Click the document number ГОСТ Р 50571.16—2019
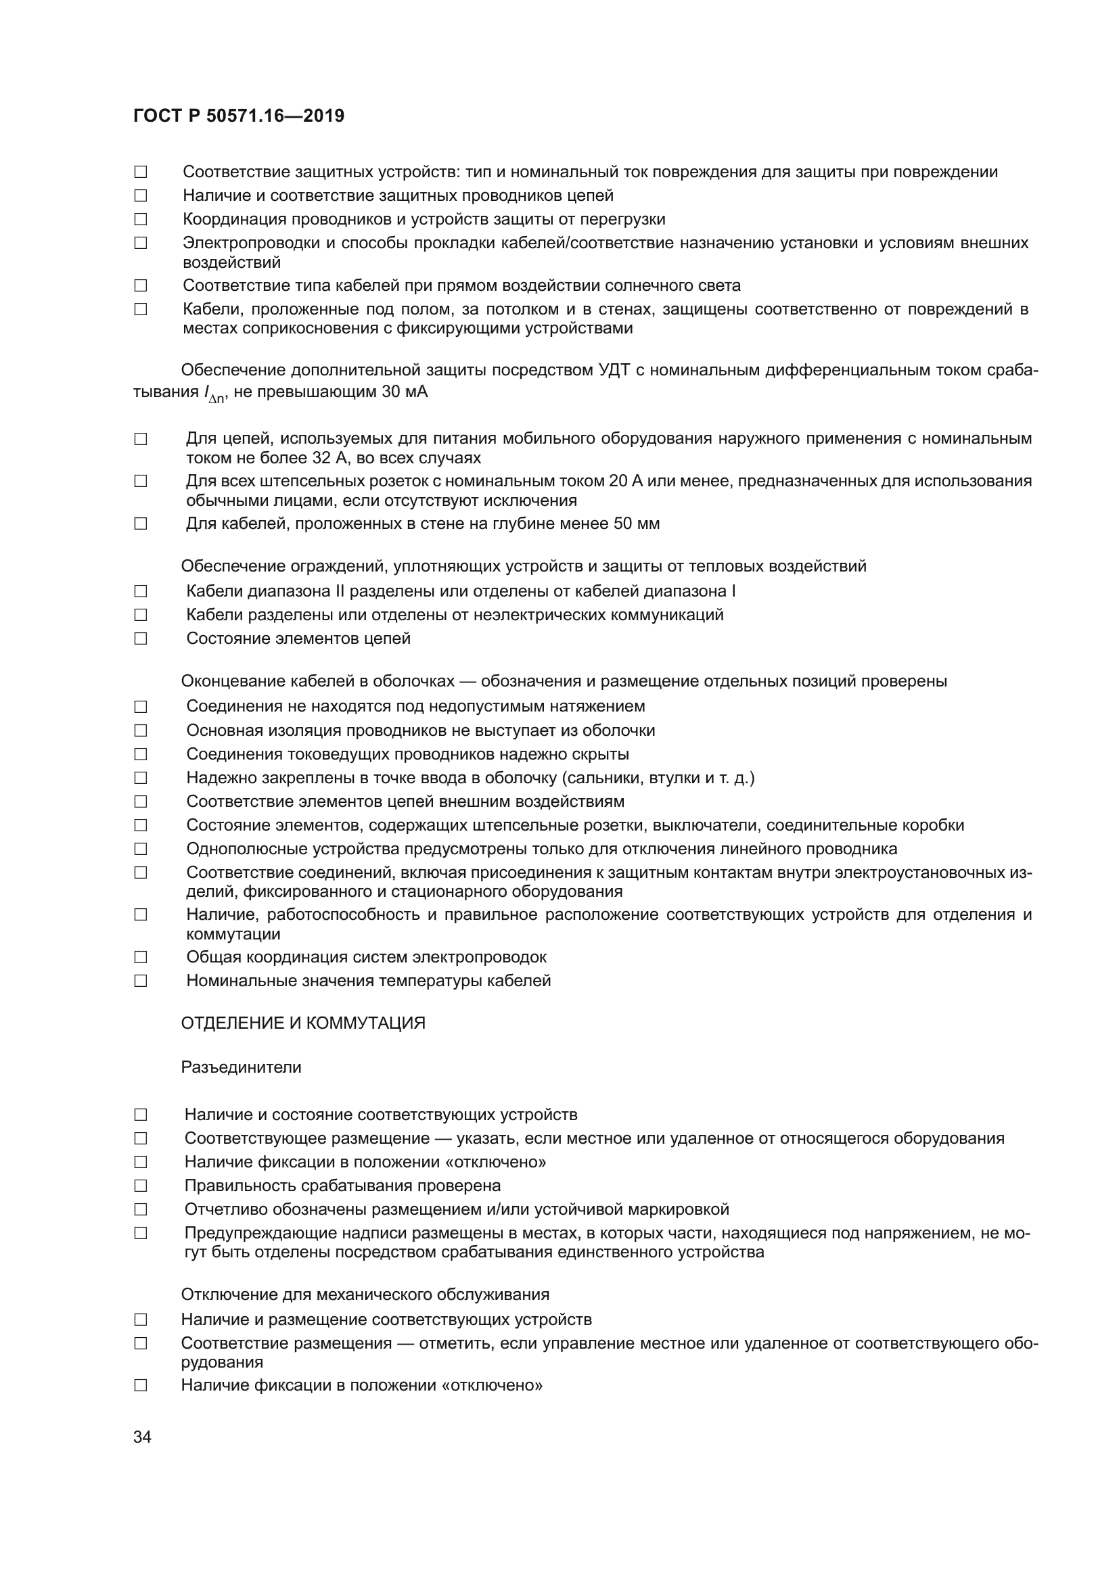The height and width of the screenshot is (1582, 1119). (x=238, y=116)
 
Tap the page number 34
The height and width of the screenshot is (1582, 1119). (x=142, y=1437)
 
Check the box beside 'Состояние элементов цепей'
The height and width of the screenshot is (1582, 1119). (x=141, y=638)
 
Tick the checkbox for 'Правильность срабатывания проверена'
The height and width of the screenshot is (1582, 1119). (x=141, y=1186)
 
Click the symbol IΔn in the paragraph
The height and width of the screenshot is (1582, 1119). (x=214, y=394)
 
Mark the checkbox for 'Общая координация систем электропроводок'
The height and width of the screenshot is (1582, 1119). (x=141, y=957)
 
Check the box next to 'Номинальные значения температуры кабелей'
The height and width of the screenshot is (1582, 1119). (x=141, y=981)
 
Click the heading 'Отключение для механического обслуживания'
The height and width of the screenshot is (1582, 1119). (x=365, y=1294)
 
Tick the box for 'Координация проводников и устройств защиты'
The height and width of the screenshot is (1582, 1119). (x=141, y=220)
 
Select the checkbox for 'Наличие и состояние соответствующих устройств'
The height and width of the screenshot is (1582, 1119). (x=141, y=1115)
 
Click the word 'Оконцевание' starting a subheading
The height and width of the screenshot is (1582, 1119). (x=227, y=682)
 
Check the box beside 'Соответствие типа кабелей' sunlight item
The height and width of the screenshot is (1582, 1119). (x=141, y=286)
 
